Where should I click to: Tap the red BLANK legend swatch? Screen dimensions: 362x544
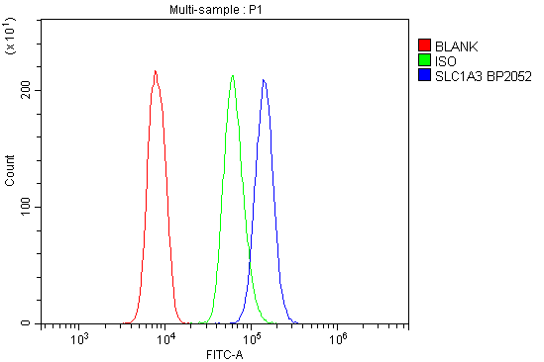tap(424, 45)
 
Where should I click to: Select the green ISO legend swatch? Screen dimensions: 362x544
tap(424, 59)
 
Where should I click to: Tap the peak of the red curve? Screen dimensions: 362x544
tap(156, 71)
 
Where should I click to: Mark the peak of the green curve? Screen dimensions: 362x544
tap(232, 75)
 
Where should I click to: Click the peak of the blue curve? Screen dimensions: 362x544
tap(264, 80)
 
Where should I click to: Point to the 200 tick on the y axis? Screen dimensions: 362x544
tap(25, 90)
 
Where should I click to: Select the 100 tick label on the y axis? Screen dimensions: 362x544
tap(25, 207)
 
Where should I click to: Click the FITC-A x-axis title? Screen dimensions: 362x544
tap(224, 354)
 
